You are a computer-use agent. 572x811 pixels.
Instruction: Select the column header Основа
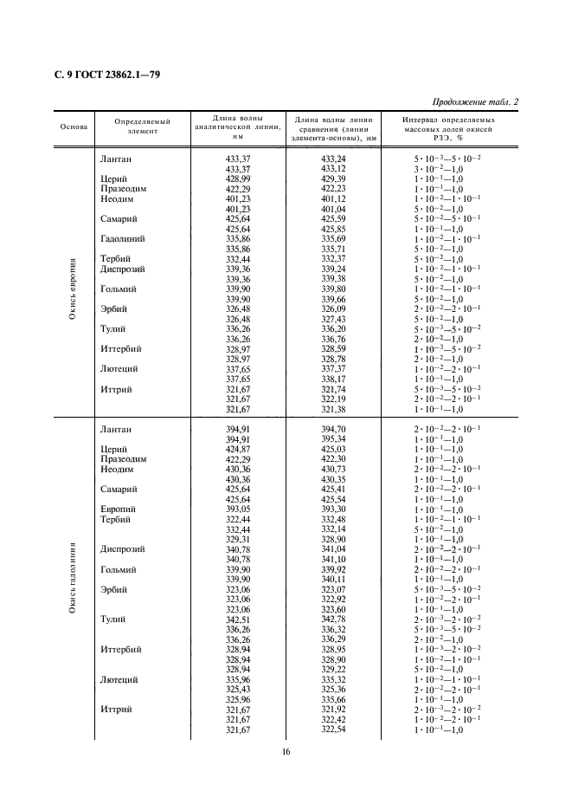point(74,127)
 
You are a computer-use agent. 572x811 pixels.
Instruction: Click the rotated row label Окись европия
point(74,288)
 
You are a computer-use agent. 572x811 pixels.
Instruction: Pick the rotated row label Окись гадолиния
point(74,578)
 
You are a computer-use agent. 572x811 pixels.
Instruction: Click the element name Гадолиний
point(122,238)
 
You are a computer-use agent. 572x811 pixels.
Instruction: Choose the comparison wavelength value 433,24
point(334,159)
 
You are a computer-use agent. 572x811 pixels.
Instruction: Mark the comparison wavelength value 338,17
point(334,379)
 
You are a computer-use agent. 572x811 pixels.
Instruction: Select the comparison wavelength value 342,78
point(334,619)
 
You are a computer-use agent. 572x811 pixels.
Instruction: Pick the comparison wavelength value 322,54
point(334,730)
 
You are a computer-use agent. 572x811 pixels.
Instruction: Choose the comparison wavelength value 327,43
point(334,319)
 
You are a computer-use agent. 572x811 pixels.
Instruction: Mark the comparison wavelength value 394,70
point(334,429)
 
